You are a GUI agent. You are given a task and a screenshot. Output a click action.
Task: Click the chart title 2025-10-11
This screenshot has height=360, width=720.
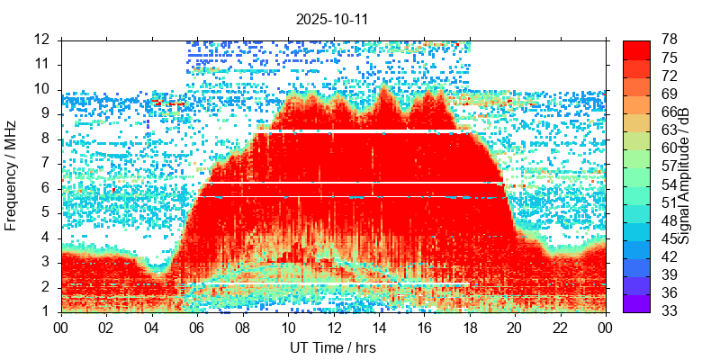pyautogui.click(x=332, y=18)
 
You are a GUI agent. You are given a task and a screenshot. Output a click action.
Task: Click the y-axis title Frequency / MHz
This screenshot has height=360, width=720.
pyautogui.click(x=12, y=175)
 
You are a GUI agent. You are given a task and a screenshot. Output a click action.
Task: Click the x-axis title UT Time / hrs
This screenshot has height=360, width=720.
pyautogui.click(x=332, y=347)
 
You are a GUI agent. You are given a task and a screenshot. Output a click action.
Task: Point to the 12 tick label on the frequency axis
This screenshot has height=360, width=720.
pyautogui.click(x=43, y=40)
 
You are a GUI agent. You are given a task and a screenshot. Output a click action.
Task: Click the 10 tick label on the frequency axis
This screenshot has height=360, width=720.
pyautogui.click(x=43, y=89)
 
